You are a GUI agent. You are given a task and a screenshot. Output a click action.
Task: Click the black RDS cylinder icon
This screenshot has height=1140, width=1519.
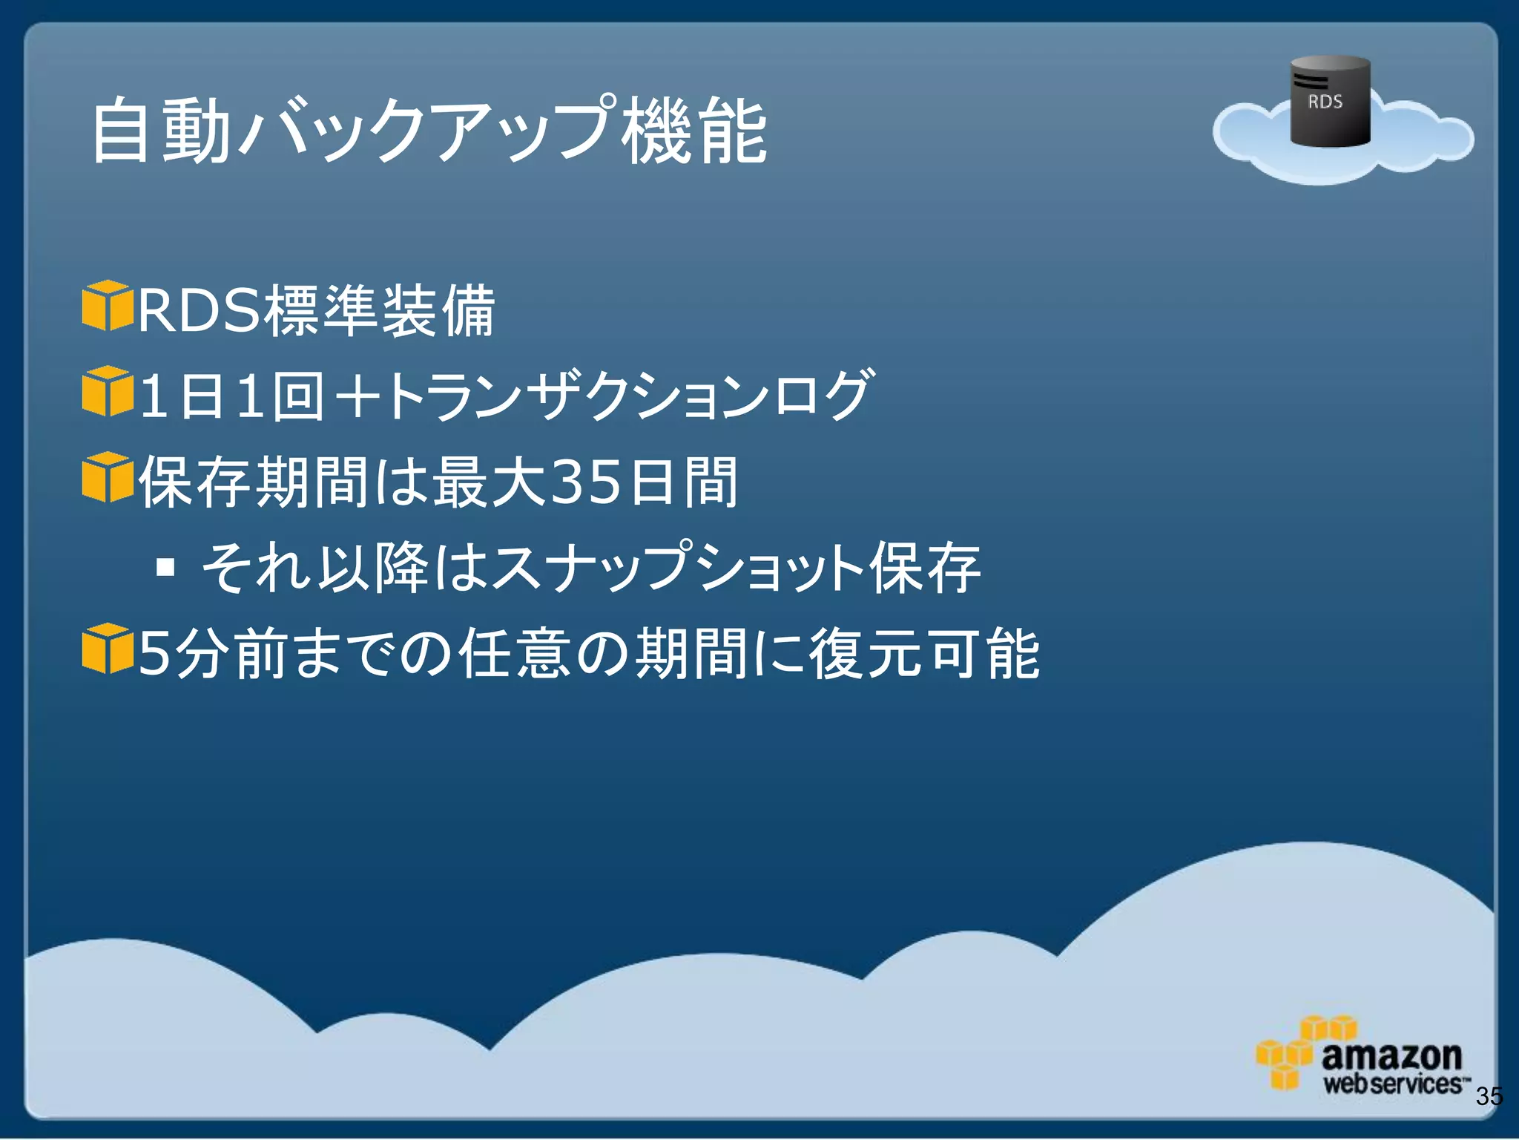[1330, 101]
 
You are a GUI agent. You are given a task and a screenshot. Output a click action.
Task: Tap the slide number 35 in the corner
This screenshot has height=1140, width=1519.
[1489, 1096]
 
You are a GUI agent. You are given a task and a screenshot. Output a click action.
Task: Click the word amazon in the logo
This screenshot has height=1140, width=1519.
[1391, 1055]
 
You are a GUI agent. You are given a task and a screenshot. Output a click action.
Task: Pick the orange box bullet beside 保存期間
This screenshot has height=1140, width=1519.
[107, 477]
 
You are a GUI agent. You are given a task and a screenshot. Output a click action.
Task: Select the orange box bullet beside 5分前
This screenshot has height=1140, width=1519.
[107, 649]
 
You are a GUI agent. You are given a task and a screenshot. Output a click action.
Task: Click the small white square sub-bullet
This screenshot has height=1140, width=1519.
[165, 568]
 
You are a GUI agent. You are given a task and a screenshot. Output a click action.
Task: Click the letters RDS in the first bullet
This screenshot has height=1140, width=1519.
[199, 311]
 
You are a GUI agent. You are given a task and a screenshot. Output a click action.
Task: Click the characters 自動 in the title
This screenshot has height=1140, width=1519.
[160, 132]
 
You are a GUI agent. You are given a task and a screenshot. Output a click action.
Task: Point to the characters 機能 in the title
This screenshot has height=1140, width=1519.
[694, 132]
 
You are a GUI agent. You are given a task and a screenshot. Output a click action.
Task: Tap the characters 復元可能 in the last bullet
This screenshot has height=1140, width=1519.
[924, 653]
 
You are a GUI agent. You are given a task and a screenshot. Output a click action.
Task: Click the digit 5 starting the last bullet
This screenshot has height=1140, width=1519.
[154, 653]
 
